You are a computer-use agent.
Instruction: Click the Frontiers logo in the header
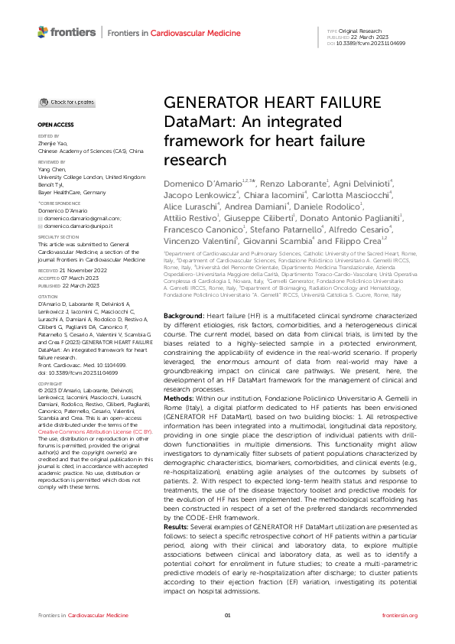(x=67, y=32)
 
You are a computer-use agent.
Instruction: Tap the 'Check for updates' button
(x=69, y=102)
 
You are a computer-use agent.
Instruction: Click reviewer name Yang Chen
(x=54, y=170)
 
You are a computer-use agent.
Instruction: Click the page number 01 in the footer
(x=227, y=616)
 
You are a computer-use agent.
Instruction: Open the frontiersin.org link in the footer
(x=399, y=616)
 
